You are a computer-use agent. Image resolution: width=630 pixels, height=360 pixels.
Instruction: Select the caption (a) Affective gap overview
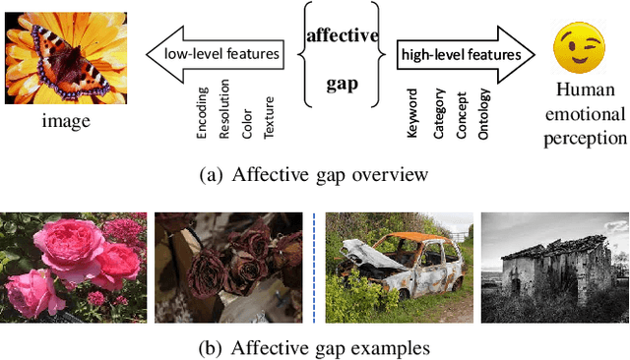click(x=314, y=177)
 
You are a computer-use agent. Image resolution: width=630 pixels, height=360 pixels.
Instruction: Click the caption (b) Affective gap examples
click(x=314, y=347)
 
